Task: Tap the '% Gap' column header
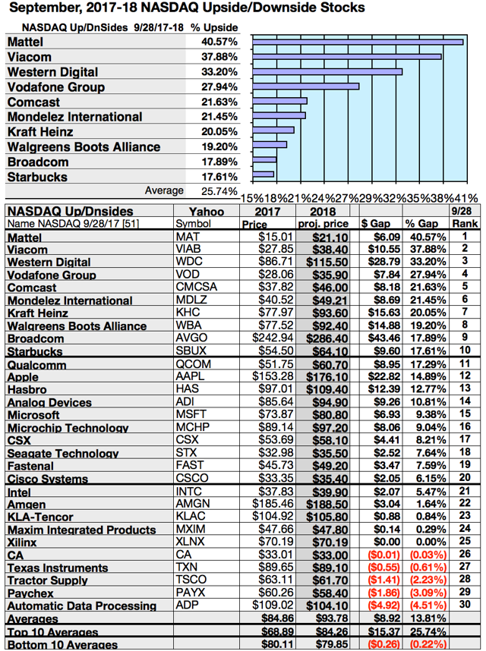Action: (421, 225)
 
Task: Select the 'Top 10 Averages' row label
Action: (53, 632)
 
